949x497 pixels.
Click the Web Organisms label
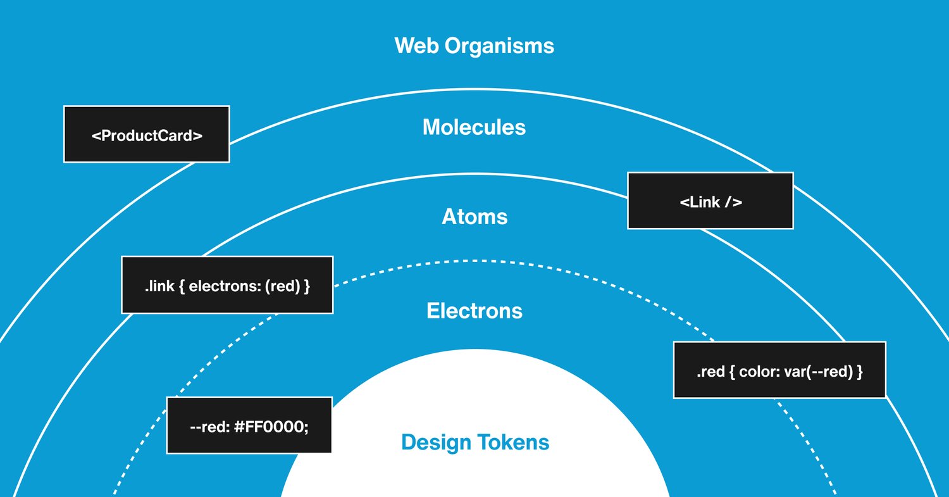point(474,46)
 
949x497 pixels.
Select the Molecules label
point(474,127)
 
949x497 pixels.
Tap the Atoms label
point(475,217)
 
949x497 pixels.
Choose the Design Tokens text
point(475,443)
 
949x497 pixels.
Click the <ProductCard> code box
point(147,134)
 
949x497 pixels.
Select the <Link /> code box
point(710,201)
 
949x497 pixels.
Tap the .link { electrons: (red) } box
point(228,285)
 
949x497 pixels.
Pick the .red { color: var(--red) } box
point(779,370)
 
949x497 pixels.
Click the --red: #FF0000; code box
point(249,425)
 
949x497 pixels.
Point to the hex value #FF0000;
point(271,427)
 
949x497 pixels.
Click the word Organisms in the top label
point(499,46)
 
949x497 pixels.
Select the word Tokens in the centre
point(513,443)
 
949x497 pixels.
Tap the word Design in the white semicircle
point(436,443)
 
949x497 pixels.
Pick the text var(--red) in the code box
point(819,372)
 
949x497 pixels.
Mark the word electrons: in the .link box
point(225,286)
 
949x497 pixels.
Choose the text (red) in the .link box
point(283,286)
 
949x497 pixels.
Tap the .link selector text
point(159,286)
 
